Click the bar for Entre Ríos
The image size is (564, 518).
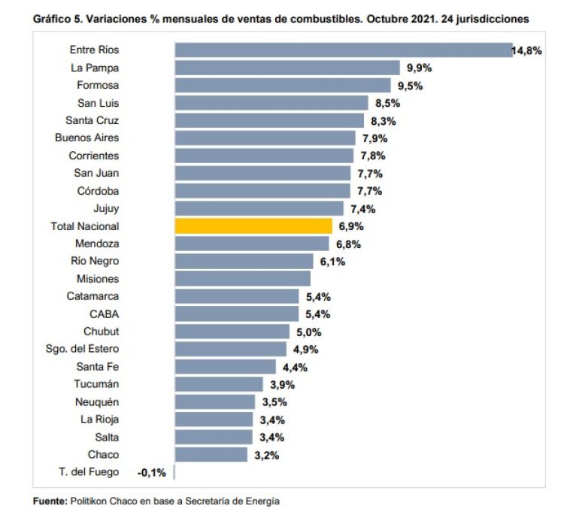(344, 50)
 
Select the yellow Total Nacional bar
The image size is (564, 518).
(253, 226)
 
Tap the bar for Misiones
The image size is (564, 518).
(241, 279)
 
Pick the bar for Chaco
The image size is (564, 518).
(211, 455)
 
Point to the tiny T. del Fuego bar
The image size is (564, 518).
(174, 472)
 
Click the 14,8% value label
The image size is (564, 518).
(527, 51)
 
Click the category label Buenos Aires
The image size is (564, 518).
(86, 138)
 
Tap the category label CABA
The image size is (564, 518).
(105, 314)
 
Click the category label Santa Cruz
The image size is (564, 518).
(92, 120)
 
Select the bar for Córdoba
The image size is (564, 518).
(262, 191)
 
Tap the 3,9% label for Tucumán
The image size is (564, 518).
(282, 385)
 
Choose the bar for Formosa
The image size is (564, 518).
(283, 85)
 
